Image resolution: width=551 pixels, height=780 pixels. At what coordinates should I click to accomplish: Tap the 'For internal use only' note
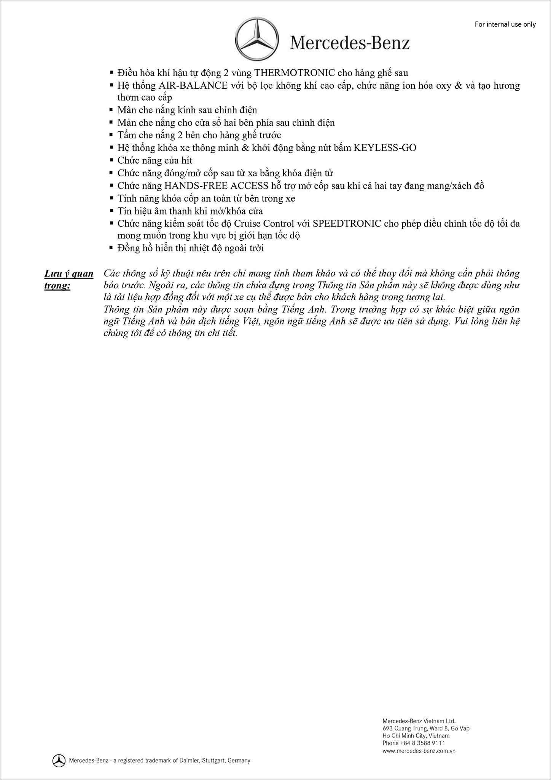pos(505,24)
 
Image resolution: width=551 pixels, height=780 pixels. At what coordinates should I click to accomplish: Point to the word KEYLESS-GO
pos(385,147)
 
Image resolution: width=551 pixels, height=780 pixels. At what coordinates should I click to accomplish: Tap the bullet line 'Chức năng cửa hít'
pos(155,160)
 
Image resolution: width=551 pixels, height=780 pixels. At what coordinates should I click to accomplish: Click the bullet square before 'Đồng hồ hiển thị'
pos(111,248)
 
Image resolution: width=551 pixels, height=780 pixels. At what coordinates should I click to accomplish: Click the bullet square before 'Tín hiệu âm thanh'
pos(111,211)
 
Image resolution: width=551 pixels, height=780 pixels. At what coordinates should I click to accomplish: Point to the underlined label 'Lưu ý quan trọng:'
pos(69,279)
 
